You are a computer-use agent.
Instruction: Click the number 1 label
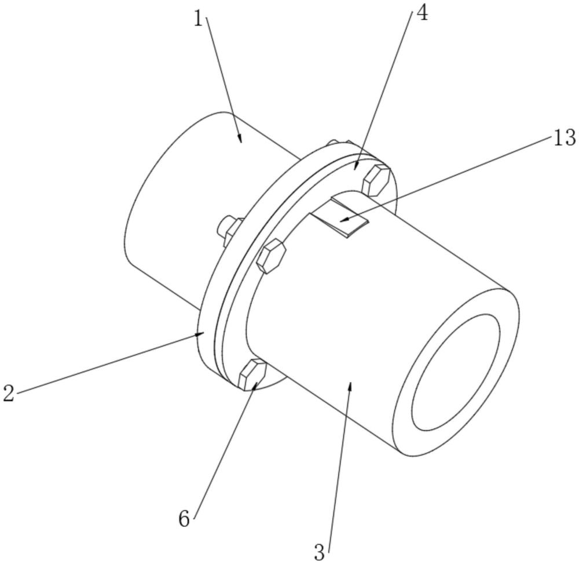(199, 19)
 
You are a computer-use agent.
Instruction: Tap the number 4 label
(422, 13)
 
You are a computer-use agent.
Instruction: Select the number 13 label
(564, 138)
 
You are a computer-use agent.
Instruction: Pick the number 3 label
(319, 551)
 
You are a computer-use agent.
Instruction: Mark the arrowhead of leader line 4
(357, 167)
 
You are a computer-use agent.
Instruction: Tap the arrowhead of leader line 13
(342, 221)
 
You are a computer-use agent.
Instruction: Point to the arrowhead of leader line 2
(202, 333)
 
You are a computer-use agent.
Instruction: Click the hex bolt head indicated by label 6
(252, 374)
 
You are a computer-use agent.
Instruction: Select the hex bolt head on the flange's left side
(270, 256)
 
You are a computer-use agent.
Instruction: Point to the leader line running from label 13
(452, 178)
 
